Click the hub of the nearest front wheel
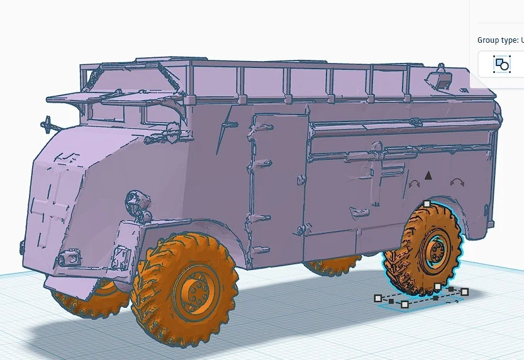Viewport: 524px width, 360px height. [x=196, y=290]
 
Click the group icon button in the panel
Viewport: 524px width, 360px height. [x=501, y=65]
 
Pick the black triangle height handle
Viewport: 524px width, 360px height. [x=428, y=176]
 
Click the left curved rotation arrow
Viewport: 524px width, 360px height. [x=415, y=184]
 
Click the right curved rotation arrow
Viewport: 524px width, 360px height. [x=457, y=183]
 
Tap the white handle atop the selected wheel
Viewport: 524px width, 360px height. [x=426, y=203]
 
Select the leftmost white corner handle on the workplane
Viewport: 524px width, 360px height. [x=378, y=298]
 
